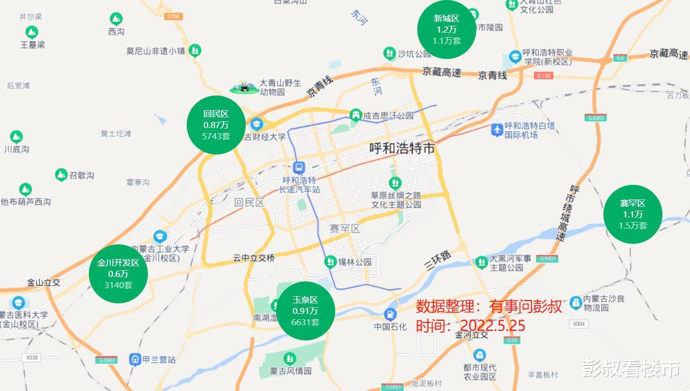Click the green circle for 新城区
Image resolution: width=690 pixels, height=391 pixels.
(x=447, y=29)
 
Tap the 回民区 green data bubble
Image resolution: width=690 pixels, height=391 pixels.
(x=216, y=124)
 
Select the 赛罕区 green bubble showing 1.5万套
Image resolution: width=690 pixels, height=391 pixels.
(x=633, y=214)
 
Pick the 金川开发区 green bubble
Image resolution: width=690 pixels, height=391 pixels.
(x=118, y=274)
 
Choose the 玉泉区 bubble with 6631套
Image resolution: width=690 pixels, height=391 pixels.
(x=305, y=311)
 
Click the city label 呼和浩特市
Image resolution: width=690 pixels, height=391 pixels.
(x=402, y=149)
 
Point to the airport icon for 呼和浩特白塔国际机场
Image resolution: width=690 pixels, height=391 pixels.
(x=497, y=130)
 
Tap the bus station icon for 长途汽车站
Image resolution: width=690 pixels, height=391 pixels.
(x=299, y=167)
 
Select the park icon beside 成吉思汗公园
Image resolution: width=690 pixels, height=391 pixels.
(x=355, y=115)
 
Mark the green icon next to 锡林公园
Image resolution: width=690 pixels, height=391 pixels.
(x=331, y=261)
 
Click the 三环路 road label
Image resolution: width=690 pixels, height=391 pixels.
(x=438, y=260)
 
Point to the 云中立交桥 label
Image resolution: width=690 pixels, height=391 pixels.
(x=254, y=258)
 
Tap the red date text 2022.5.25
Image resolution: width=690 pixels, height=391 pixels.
(x=493, y=326)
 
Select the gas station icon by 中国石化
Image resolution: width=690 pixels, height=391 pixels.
(x=390, y=315)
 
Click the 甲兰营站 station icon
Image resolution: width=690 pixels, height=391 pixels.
(x=134, y=359)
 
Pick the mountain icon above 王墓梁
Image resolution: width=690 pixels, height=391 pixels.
(x=33, y=32)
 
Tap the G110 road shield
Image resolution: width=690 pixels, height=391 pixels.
(x=544, y=76)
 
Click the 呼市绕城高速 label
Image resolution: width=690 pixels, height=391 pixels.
(x=567, y=214)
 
